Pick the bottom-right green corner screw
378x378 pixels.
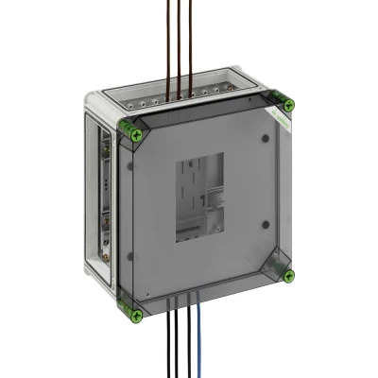point(289,276)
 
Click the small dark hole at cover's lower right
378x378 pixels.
point(266,224)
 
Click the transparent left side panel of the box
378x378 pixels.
point(106,208)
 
